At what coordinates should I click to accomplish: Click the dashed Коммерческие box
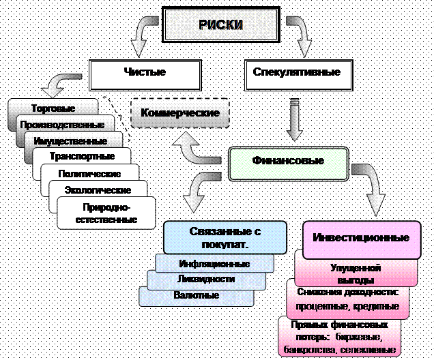(179, 112)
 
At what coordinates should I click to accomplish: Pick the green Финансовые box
(288, 162)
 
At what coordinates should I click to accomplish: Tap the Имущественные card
(74, 141)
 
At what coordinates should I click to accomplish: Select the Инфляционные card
(214, 264)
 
